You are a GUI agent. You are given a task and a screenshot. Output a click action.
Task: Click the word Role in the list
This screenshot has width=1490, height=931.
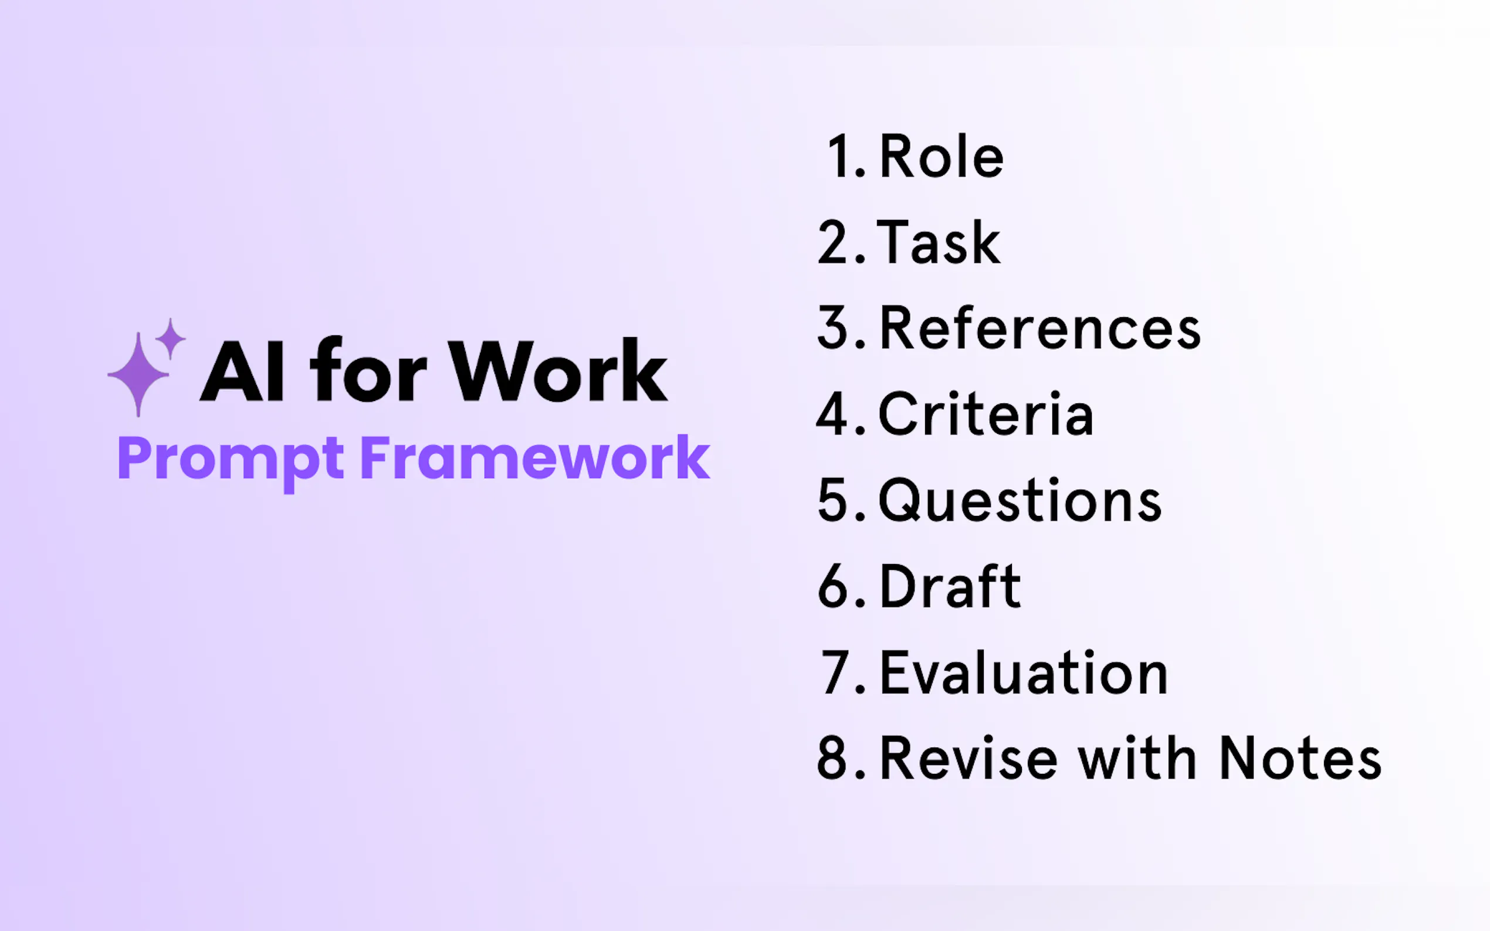pos(941,157)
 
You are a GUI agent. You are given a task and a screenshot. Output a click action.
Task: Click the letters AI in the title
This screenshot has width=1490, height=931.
pos(242,372)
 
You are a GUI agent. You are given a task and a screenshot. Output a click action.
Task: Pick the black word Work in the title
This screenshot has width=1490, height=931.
pos(557,371)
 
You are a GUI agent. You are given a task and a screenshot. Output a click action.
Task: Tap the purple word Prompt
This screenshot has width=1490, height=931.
pos(231,458)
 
